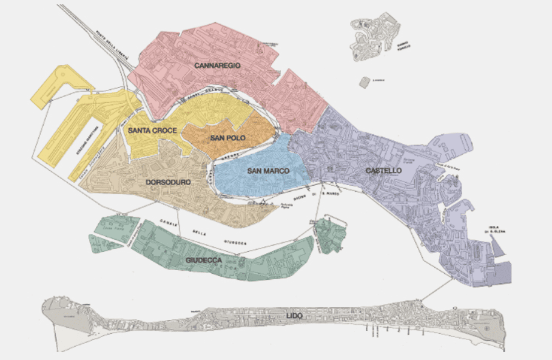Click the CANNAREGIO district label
tap(218, 64)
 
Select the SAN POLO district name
tap(228, 138)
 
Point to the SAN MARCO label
tap(268, 171)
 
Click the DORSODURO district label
tap(169, 182)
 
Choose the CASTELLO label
tap(383, 171)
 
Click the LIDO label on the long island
tap(295, 316)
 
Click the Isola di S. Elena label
tap(491, 231)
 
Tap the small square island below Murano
tap(365, 83)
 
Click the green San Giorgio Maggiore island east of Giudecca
tap(330, 234)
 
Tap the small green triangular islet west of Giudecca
tap(101, 243)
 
